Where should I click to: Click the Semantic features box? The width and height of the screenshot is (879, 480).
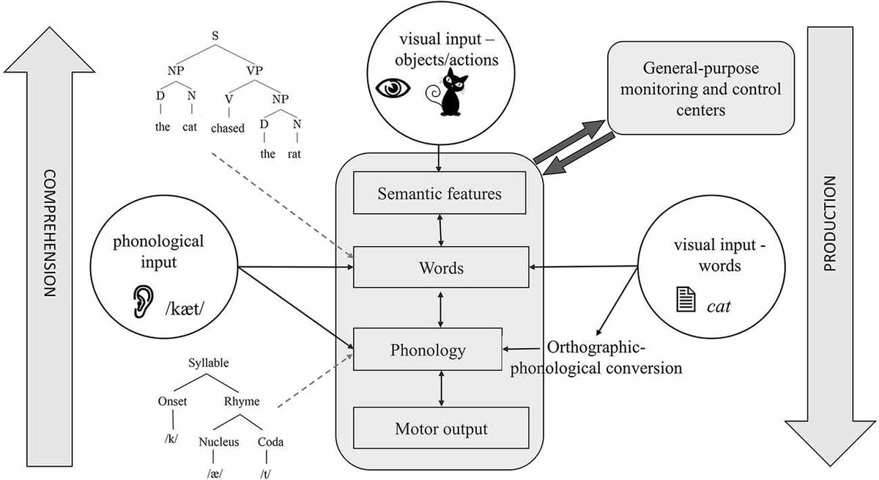pos(439,193)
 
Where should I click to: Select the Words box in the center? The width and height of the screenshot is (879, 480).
pos(441,267)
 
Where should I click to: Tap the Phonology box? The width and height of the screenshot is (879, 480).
pos(428,350)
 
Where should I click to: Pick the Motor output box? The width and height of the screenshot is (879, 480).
pos(441,428)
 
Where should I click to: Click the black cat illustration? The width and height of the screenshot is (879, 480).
pos(448,92)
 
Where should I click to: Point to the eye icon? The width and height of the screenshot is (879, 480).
pos(393,88)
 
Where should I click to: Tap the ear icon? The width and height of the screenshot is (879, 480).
pos(143,301)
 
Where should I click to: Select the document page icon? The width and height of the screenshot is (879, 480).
pos(686,300)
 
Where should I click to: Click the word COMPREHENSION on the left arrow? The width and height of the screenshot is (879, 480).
pos(50,233)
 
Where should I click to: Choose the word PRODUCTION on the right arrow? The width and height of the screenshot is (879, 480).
pos(829,224)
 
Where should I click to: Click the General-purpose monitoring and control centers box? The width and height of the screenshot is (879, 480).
pos(701,88)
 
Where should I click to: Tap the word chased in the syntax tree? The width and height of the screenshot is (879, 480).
pos(228,128)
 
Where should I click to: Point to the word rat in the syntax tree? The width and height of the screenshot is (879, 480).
pos(294,153)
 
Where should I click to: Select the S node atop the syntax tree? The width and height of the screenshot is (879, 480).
pos(215,36)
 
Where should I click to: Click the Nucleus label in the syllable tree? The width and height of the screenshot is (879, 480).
pos(218,442)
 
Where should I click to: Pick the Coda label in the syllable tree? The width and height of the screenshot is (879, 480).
pos(270,442)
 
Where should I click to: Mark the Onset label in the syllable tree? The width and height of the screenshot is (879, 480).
pos(172,401)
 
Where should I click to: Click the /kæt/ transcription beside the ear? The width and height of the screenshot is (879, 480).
pos(185,309)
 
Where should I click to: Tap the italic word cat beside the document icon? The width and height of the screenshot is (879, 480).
pos(719,306)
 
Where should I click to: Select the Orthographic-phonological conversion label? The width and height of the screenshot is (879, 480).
pos(596,358)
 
